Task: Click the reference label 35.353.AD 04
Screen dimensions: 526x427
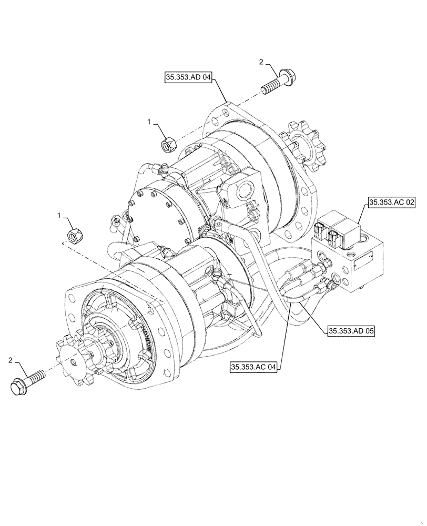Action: pyautogui.click(x=189, y=78)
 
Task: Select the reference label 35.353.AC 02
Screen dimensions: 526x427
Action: pyautogui.click(x=392, y=201)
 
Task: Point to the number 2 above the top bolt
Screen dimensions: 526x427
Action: pyautogui.click(x=261, y=62)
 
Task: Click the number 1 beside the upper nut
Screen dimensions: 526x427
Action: pyautogui.click(x=149, y=122)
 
